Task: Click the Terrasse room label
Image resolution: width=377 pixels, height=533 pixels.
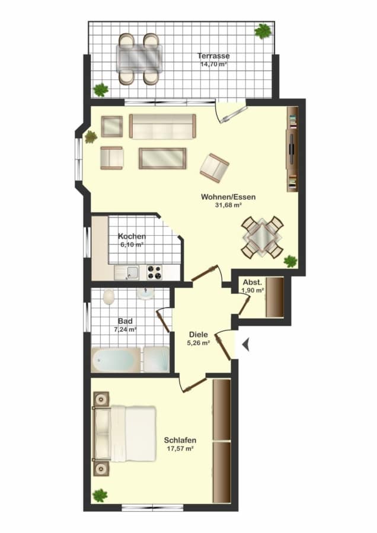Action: [213, 56]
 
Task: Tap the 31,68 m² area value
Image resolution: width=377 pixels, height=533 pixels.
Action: [228, 205]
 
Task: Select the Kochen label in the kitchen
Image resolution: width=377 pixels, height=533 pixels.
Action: [132, 236]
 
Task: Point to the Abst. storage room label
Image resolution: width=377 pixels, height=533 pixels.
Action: [253, 282]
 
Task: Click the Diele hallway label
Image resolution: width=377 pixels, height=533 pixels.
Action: [199, 335]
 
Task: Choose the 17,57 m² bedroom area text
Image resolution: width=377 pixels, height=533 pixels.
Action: [180, 448]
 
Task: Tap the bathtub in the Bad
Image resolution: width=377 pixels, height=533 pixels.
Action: [116, 359]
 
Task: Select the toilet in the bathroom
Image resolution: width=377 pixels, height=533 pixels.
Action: [108, 297]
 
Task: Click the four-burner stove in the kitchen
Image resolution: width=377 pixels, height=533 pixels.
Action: [154, 272]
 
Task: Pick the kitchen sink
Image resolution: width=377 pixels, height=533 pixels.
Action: [127, 272]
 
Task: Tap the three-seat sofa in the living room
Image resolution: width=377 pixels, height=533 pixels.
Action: [162, 127]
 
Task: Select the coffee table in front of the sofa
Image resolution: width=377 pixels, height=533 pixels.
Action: [162, 158]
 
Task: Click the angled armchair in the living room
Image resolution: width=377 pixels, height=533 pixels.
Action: [215, 166]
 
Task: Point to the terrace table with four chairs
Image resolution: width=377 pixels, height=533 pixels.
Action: [139, 59]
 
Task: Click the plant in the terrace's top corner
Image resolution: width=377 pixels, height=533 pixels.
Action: [263, 31]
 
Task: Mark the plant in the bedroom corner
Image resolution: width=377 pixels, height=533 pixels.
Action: [100, 495]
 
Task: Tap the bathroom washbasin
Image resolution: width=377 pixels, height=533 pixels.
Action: [146, 294]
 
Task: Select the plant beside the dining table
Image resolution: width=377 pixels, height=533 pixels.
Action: [290, 261]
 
